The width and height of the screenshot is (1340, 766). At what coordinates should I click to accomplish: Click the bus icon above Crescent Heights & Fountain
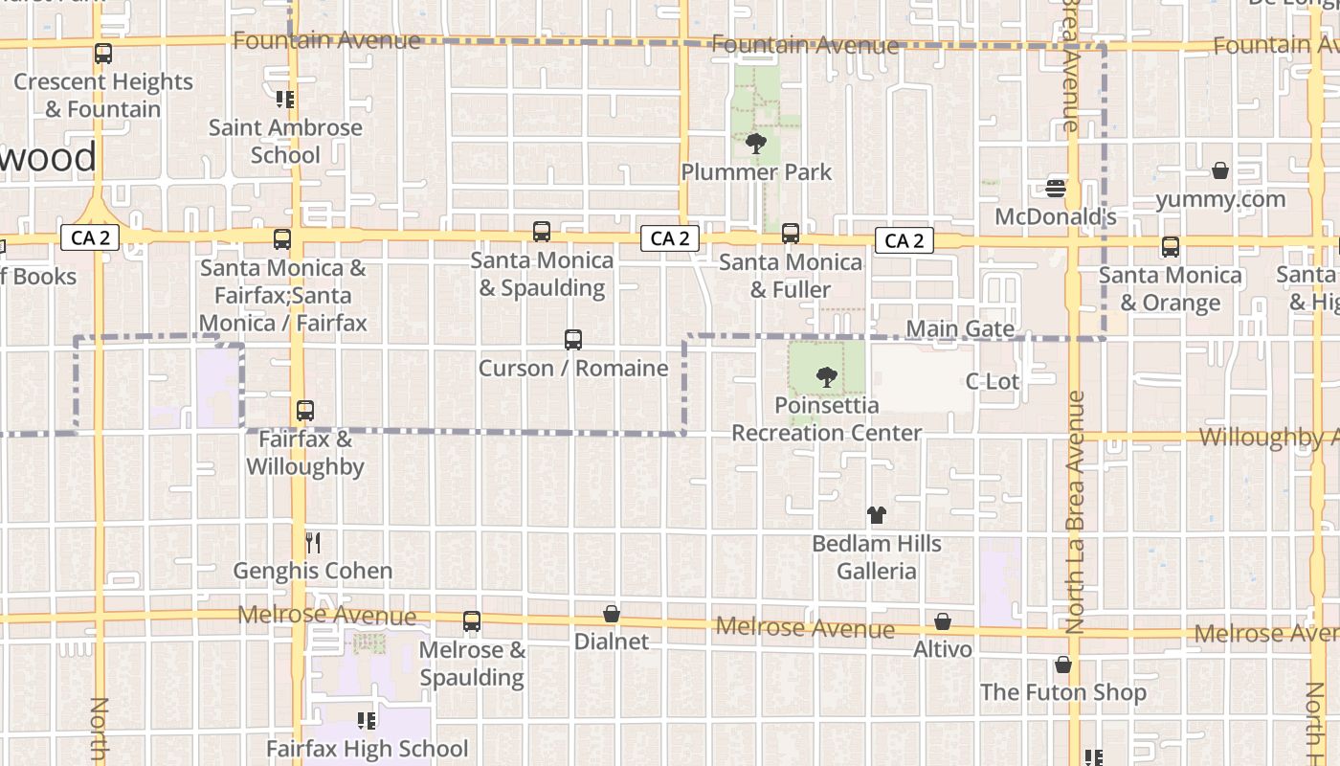103,54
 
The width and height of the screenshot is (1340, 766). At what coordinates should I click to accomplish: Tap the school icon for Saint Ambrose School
284,100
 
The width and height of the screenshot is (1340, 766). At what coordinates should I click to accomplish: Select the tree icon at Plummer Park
756,145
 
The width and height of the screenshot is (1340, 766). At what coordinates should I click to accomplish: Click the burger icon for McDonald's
1056,189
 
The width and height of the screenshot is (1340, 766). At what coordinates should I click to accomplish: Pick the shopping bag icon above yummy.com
1220,171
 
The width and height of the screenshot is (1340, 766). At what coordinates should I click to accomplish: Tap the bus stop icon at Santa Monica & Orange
1170,247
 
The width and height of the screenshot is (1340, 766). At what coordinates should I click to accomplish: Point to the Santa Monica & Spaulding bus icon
542,232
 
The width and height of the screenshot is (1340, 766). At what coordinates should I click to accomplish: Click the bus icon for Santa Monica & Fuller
791,234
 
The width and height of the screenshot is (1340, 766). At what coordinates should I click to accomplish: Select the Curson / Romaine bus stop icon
573,340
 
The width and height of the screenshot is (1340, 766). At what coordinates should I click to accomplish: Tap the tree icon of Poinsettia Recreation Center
826,377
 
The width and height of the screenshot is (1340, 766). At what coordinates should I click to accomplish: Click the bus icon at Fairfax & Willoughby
305,411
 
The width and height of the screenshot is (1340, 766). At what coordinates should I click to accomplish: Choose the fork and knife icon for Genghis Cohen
313,543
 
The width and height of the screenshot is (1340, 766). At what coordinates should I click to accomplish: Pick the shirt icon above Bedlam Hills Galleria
876,515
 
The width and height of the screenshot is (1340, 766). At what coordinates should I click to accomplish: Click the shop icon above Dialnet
612,614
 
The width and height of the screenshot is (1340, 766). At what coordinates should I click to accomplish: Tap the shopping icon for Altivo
943,621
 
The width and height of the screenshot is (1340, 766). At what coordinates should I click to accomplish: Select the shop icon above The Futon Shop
1063,665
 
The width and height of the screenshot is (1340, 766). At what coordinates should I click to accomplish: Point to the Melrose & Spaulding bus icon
472,621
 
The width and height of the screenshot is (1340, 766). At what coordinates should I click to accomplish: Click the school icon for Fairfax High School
367,720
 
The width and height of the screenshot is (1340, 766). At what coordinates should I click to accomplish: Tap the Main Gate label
960,329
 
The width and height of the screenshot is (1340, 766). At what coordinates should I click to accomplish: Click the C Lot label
993,381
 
